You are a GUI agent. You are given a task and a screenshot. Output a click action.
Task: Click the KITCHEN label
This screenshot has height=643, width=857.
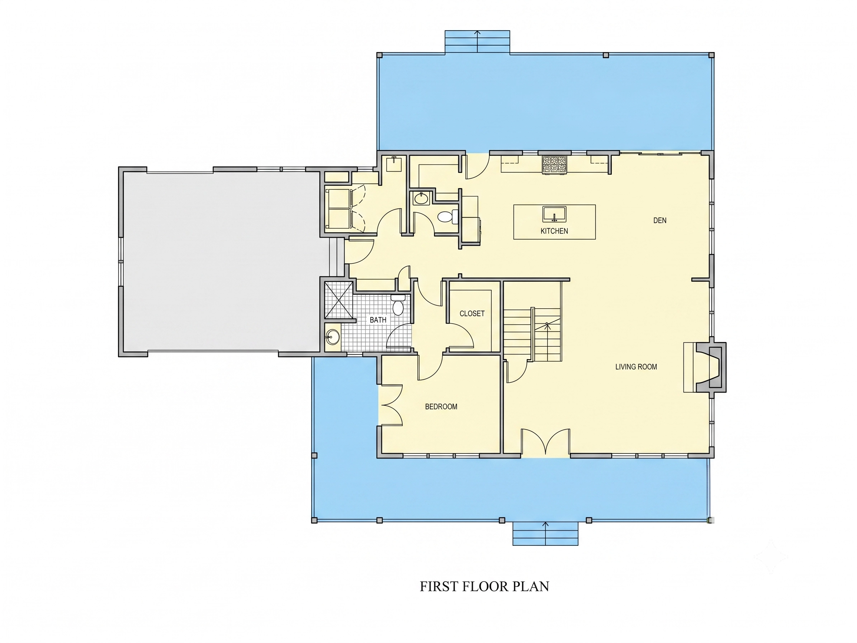(554, 231)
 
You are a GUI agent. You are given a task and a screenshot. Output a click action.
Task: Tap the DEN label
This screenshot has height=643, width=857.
(660, 221)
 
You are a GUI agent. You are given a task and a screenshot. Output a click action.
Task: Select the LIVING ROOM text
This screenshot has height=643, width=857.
(636, 367)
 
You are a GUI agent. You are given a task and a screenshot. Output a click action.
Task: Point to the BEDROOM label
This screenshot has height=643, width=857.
(441, 407)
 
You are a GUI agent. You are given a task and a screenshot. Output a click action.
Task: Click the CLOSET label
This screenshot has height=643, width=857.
(472, 314)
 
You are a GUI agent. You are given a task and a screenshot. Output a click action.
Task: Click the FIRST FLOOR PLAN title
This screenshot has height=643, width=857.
(484, 586)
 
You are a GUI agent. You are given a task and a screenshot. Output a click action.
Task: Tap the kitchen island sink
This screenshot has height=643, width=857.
(554, 214)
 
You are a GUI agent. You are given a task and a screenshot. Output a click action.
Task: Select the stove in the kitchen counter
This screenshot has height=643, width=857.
(554, 164)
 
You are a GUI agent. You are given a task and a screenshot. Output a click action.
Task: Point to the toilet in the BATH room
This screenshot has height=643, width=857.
(398, 305)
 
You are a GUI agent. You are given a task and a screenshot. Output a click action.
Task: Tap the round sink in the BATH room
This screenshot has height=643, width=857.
(332, 337)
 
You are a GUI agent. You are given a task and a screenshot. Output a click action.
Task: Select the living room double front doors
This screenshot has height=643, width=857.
(545, 442)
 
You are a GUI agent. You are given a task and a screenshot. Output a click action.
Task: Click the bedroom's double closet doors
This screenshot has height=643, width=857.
(392, 405)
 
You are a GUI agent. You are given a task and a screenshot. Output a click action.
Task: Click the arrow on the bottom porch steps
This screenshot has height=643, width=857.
(546, 534)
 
